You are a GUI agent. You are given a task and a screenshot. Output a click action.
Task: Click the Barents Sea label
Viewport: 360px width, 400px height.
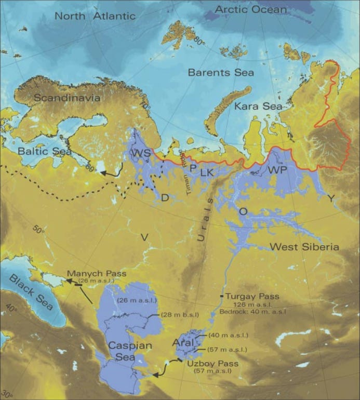point(221,72)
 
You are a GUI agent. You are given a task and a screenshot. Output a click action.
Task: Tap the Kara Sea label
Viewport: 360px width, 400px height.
point(258,106)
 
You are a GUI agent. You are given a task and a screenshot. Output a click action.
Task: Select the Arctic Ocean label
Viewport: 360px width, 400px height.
point(250,9)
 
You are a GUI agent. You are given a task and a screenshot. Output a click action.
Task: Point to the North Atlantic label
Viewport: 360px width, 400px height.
point(95,16)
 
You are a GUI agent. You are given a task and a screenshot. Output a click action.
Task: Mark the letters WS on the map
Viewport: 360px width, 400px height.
point(140,154)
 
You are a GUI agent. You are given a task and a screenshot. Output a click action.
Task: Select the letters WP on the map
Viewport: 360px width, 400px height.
point(277,170)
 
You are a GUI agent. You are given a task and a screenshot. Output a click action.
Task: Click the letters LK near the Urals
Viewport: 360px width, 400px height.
point(207,171)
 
